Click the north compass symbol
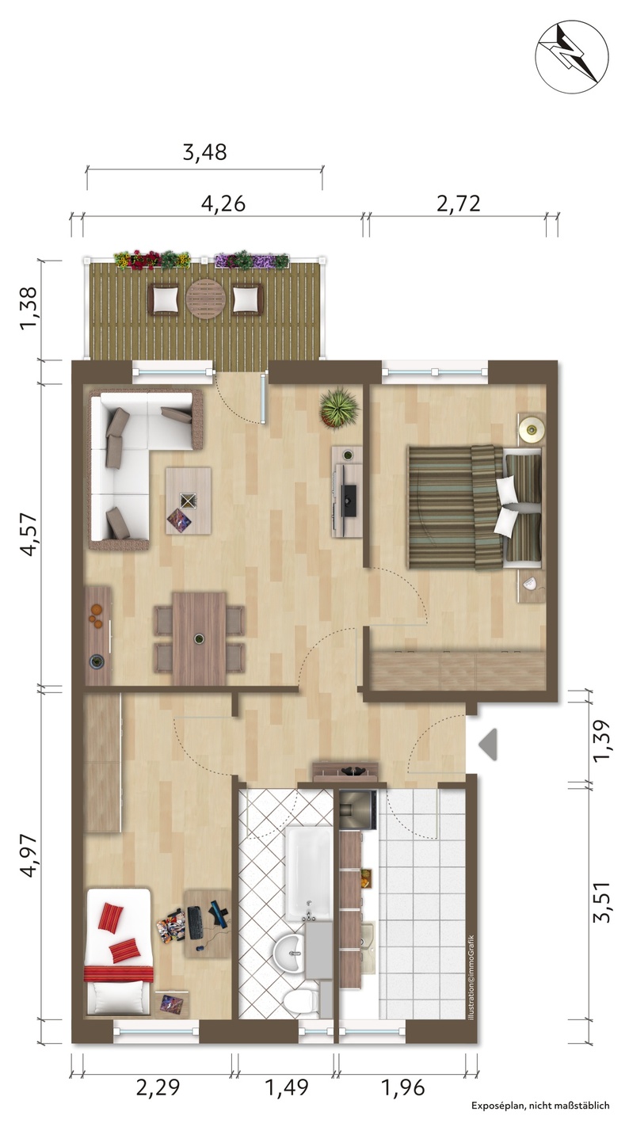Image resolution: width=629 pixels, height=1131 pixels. pyautogui.click(x=572, y=56)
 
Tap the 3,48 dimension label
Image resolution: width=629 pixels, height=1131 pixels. pyautogui.click(x=204, y=152)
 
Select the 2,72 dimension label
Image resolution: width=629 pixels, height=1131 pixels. pyautogui.click(x=458, y=204)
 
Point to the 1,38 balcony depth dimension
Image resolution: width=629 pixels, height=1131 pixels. pyautogui.click(x=29, y=308)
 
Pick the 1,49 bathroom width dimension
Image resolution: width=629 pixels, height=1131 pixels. pyautogui.click(x=287, y=1087)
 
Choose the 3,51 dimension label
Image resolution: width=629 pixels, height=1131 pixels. pyautogui.click(x=601, y=902)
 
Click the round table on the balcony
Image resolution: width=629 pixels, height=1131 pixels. pyautogui.click(x=205, y=299)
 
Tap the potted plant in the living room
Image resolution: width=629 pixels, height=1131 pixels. pyautogui.click(x=340, y=409)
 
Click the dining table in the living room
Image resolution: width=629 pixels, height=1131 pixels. pyautogui.click(x=199, y=638)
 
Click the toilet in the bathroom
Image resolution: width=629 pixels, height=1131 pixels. pyautogui.click(x=301, y=997)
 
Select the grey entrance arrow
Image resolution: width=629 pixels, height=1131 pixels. pyautogui.click(x=488, y=744)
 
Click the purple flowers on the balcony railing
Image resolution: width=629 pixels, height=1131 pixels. pyautogui.click(x=251, y=260)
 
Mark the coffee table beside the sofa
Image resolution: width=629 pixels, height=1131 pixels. pyautogui.click(x=189, y=501)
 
